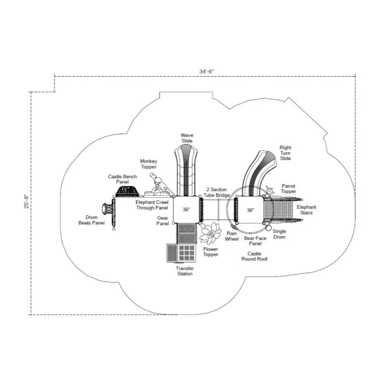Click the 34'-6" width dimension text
coord(206,72)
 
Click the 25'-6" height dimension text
coord(27,202)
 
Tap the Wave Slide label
coord(187,138)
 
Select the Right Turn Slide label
coord(286,153)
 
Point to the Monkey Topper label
coord(148,164)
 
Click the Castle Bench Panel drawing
coord(127,191)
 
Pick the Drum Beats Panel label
coord(92,220)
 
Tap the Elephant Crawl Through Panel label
coord(152,205)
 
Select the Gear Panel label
coord(163,220)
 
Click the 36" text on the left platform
coord(186,209)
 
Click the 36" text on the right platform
coord(250,210)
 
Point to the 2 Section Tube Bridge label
coord(217,193)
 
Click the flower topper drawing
coord(211,234)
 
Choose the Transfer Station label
coord(185,271)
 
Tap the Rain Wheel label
coord(232,236)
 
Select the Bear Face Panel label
coord(255,241)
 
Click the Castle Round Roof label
coord(254,256)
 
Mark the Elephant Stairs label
coord(306,210)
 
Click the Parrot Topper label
coord(289,189)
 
